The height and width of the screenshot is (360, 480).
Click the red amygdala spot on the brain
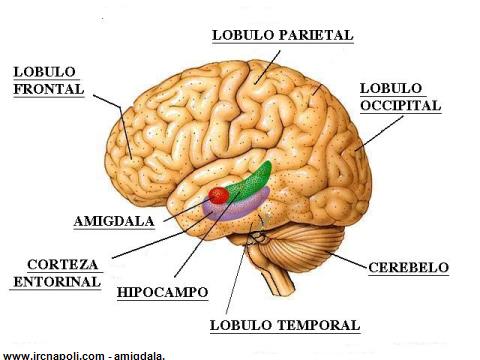[219, 195]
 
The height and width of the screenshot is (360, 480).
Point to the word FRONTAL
[49, 89]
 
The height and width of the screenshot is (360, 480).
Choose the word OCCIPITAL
[401, 105]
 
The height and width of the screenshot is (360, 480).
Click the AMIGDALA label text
[114, 221]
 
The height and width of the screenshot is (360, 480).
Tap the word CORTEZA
[63, 264]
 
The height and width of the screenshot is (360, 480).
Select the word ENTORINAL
[57, 282]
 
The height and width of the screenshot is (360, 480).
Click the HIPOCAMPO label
[163, 292]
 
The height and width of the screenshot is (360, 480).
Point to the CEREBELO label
[409, 267]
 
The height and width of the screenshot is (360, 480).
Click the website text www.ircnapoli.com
[53, 356]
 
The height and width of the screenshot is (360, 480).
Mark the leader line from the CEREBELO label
[347, 260]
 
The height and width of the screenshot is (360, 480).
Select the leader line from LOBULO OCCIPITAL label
[380, 133]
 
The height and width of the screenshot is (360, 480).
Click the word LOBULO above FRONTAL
[44, 72]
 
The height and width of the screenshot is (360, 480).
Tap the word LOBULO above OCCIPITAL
[391, 88]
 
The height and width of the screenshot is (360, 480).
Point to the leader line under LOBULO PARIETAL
[268, 67]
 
